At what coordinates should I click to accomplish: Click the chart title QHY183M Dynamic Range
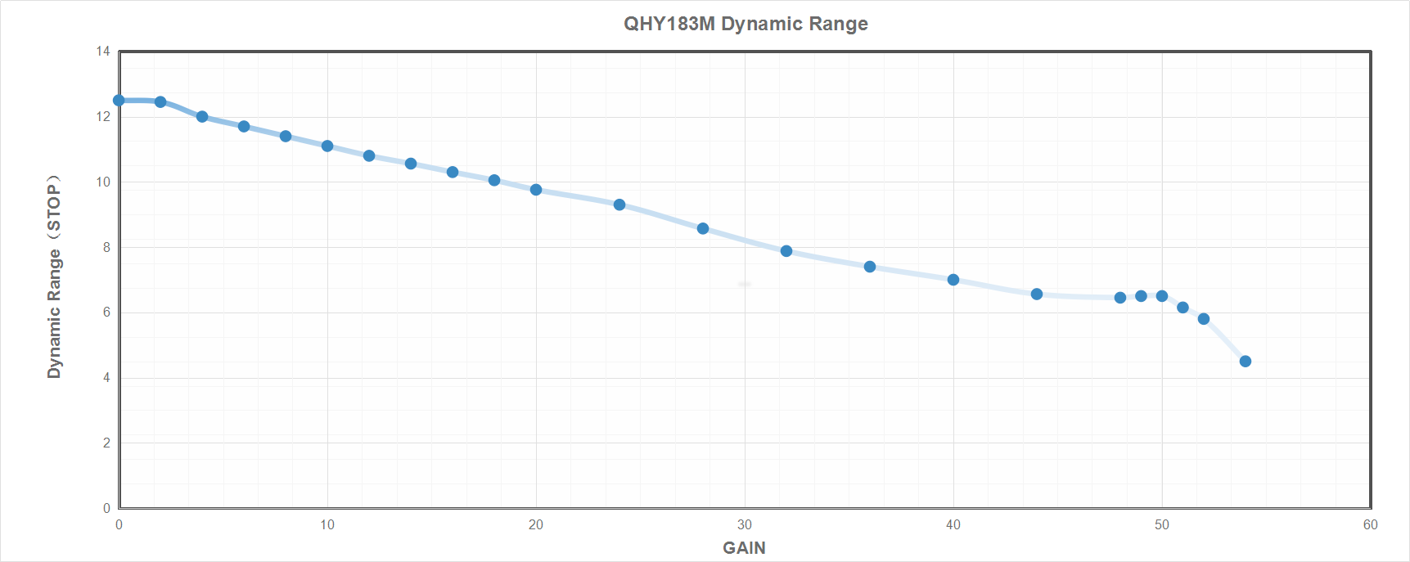pyautogui.click(x=746, y=24)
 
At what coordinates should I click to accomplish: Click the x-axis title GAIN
pyautogui.click(x=744, y=548)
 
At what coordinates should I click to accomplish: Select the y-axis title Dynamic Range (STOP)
pyautogui.click(x=54, y=277)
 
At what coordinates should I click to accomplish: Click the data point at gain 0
pyautogui.click(x=119, y=101)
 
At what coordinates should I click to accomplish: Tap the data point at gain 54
pyautogui.click(x=1246, y=362)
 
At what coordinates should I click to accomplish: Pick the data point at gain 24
pyautogui.click(x=619, y=205)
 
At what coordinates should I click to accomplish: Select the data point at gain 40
pyautogui.click(x=953, y=280)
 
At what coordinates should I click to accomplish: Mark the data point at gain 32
pyautogui.click(x=786, y=251)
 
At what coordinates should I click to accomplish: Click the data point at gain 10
pyautogui.click(x=327, y=146)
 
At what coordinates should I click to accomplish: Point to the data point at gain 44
pyautogui.click(x=1037, y=294)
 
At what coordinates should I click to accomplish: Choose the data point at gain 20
pyautogui.click(x=536, y=190)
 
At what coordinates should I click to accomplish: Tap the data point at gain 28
pyautogui.click(x=703, y=228)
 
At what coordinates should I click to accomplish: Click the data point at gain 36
pyautogui.click(x=870, y=267)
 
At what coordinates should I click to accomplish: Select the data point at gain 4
pyautogui.click(x=202, y=117)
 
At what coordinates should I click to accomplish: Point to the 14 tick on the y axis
pyautogui.click(x=103, y=52)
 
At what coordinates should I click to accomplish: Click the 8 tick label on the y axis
pyautogui.click(x=106, y=247)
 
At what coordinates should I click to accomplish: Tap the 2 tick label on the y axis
pyautogui.click(x=106, y=443)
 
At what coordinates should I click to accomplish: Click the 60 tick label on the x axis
pyautogui.click(x=1371, y=525)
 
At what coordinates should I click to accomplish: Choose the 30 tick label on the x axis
pyautogui.click(x=745, y=525)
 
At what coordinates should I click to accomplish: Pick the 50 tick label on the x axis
pyautogui.click(x=1162, y=525)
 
